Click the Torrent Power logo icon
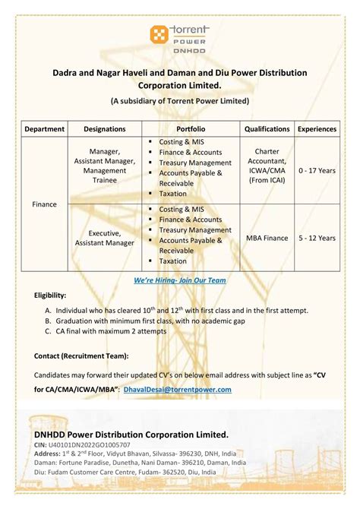tap(159, 33)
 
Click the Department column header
tap(45, 129)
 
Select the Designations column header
tap(105, 129)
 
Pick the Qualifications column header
tap(267, 129)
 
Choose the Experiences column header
tap(317, 129)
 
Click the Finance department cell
tap(45, 204)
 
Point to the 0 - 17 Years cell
tap(317, 171)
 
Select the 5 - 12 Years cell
tap(317, 238)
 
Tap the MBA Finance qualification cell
tap(267, 238)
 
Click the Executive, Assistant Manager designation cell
tap(105, 238)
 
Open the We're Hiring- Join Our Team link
tap(180, 280)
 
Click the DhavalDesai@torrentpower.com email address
tap(177, 390)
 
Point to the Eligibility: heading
tap(50, 295)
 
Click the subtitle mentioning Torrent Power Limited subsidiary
tap(180, 100)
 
